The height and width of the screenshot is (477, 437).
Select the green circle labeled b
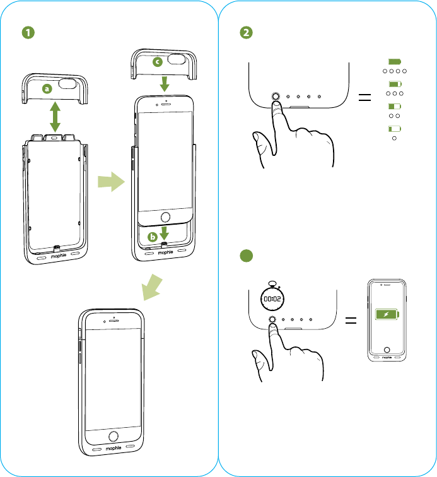click(151, 237)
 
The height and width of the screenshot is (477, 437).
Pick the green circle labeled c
click(157, 62)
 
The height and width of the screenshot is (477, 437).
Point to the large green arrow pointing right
click(111, 183)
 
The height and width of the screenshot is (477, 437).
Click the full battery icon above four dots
click(395, 61)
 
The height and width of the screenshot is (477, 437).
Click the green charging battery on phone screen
click(386, 315)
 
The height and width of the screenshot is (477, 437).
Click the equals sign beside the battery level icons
click(364, 98)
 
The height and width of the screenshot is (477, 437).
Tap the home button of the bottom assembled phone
click(113, 437)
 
